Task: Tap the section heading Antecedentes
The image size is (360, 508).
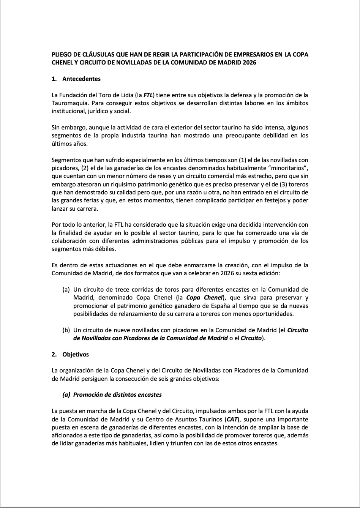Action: click(x=81, y=79)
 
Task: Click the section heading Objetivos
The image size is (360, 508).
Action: click(x=76, y=354)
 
